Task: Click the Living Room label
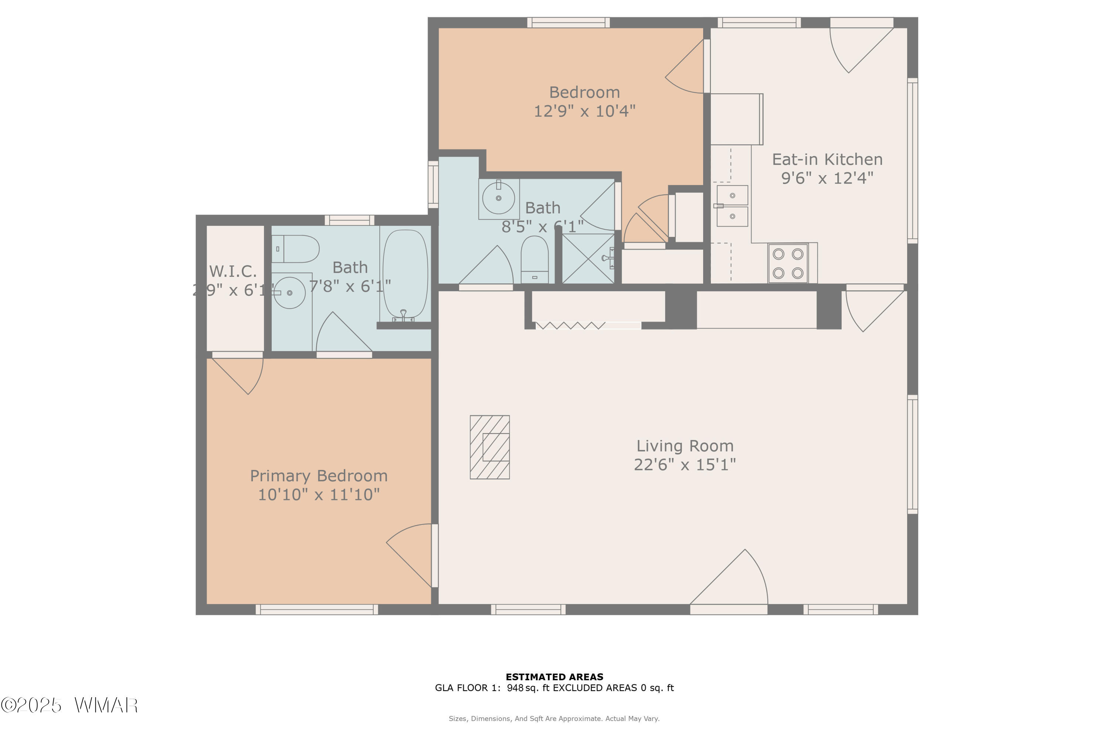(x=685, y=446)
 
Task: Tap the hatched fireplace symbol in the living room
(x=489, y=447)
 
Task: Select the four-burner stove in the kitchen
(x=788, y=263)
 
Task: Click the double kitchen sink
(x=732, y=206)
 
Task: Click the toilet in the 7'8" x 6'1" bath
(x=295, y=249)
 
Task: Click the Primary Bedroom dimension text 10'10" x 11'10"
(x=319, y=494)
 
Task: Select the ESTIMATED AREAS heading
(x=554, y=677)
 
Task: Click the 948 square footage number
(x=515, y=688)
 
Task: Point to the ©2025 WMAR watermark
(x=69, y=705)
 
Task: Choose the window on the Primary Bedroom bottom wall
(x=317, y=609)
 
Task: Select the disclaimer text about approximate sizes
(x=554, y=719)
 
